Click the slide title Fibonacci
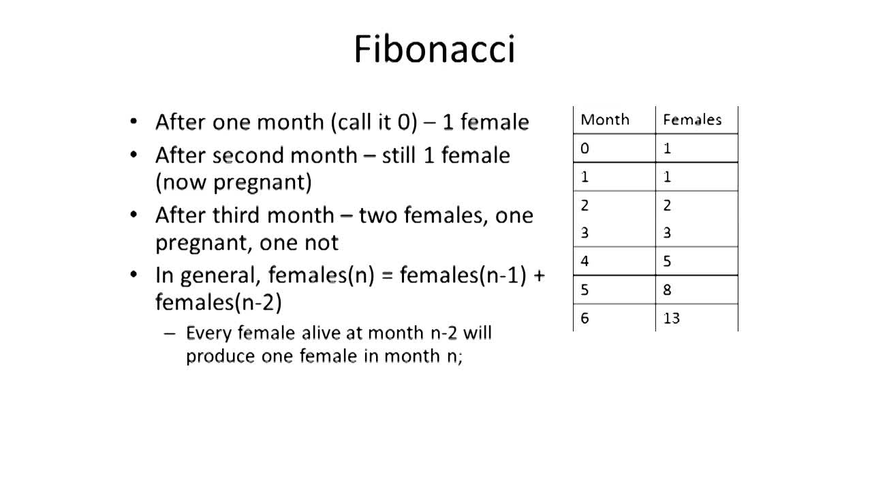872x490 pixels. [435, 50]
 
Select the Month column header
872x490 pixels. [605, 120]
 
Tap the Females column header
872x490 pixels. [692, 120]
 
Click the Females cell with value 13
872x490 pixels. [672, 318]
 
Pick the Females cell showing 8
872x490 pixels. [667, 290]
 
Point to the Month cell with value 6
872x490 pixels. [585, 318]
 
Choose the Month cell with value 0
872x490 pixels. [585, 148]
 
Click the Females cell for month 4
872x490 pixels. [667, 261]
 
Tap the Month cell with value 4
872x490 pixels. [585, 261]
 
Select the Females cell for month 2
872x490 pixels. [667, 205]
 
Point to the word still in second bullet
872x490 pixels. [399, 156]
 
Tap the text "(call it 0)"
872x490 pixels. [374, 122]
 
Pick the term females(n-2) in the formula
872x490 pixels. [219, 302]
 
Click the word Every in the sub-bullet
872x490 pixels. [208, 333]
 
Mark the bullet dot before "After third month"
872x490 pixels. [134, 214]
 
